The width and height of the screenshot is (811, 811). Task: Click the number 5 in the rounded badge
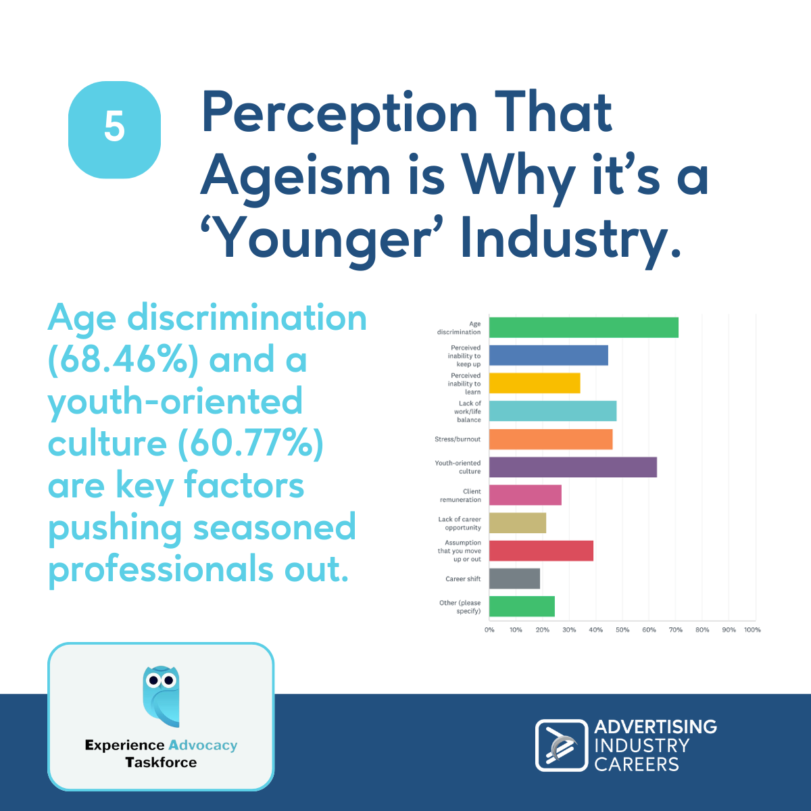pos(114,126)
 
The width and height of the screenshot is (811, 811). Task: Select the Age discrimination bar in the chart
pos(583,327)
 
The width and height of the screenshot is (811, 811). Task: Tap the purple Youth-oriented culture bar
pos(573,467)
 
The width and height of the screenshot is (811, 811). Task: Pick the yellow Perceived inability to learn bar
pos(535,383)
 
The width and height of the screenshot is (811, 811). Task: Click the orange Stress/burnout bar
pos(551,439)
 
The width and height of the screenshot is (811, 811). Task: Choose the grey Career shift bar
pos(514,579)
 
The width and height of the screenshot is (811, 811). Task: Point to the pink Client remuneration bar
pos(525,495)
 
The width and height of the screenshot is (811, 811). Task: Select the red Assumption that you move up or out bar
pos(541,551)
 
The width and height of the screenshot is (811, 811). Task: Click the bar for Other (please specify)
pos(522,606)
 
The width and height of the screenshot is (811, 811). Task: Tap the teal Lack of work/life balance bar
pos(553,411)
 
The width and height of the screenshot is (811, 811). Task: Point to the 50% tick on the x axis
pos(622,630)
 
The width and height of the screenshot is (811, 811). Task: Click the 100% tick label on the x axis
pos(752,630)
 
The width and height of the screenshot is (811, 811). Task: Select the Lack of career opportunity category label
pos(460,523)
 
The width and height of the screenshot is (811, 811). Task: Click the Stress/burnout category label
pos(458,439)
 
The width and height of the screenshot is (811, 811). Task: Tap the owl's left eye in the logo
pos(153,680)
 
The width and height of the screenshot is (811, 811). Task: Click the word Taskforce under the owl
pos(162,762)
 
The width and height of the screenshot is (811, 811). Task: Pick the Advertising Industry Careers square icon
pos(562,745)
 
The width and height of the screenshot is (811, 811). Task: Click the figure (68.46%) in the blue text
pos(123,360)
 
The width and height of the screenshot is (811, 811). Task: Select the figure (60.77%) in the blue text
pos(251,443)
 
